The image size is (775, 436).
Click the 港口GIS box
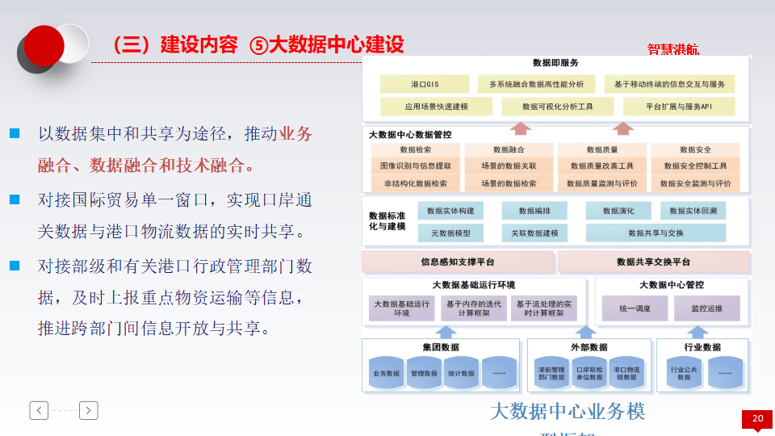(424, 84)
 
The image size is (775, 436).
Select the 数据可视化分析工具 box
(557, 106)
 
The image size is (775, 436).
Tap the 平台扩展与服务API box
(678, 106)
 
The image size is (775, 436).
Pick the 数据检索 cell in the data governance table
(416, 150)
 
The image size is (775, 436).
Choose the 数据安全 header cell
(695, 150)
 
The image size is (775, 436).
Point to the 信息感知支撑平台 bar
(457, 262)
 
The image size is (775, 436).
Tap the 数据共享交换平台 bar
(653, 262)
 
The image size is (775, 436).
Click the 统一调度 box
(635, 308)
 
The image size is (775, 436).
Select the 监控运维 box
(706, 308)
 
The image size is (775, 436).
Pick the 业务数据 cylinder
(386, 373)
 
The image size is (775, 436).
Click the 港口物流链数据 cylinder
(626, 373)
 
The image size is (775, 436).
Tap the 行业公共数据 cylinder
(684, 373)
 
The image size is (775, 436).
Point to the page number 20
(757, 418)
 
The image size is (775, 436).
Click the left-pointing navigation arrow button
(39, 410)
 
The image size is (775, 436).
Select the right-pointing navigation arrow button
(89, 410)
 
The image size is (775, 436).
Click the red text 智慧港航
(673, 49)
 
